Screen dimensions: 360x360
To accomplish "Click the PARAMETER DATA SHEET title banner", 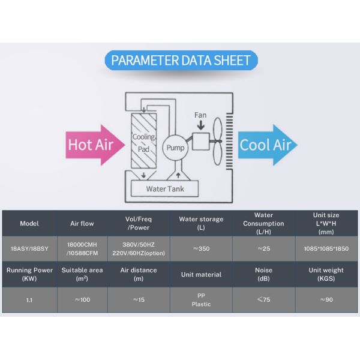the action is tap(181, 60).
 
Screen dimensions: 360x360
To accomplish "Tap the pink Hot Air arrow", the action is tap(95, 145).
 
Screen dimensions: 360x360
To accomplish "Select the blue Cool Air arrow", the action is tap(268, 145).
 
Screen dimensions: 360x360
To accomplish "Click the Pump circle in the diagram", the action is tap(175, 148).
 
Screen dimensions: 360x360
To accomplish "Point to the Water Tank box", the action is tap(164, 189).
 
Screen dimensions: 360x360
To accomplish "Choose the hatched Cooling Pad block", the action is tap(144, 141).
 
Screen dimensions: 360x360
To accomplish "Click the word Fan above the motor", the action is tap(200, 115).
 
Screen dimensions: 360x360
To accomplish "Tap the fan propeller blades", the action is tap(217, 141).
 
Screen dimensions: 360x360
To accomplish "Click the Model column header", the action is tap(29, 223).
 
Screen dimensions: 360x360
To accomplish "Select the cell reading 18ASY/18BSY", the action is tap(29, 248).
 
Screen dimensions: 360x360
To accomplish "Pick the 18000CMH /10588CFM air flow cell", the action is tap(82, 248).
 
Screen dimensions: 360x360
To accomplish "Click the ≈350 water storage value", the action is tap(202, 248).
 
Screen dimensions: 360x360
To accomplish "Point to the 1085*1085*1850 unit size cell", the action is tap(326, 248).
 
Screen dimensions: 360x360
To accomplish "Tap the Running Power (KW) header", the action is tap(29, 274).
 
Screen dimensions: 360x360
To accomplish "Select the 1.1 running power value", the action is tap(29, 300).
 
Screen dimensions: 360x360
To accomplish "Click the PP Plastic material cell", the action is tap(201, 300).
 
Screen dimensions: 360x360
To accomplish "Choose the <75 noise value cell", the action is tap(263, 299).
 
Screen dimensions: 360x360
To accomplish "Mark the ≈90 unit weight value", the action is tap(326, 299).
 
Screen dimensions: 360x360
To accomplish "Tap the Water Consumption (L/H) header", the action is tap(263, 223).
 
